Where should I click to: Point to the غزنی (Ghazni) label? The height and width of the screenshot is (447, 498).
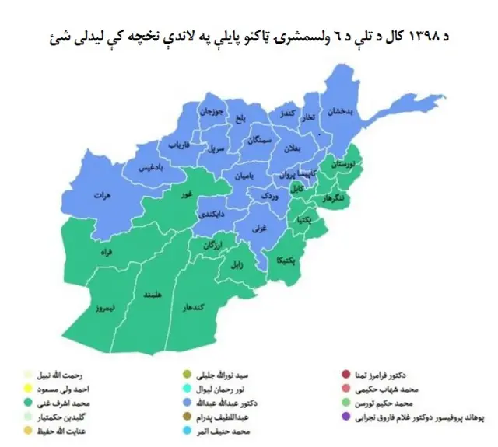click(x=258, y=228)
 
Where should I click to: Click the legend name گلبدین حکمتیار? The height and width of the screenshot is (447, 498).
click(x=73, y=417)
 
